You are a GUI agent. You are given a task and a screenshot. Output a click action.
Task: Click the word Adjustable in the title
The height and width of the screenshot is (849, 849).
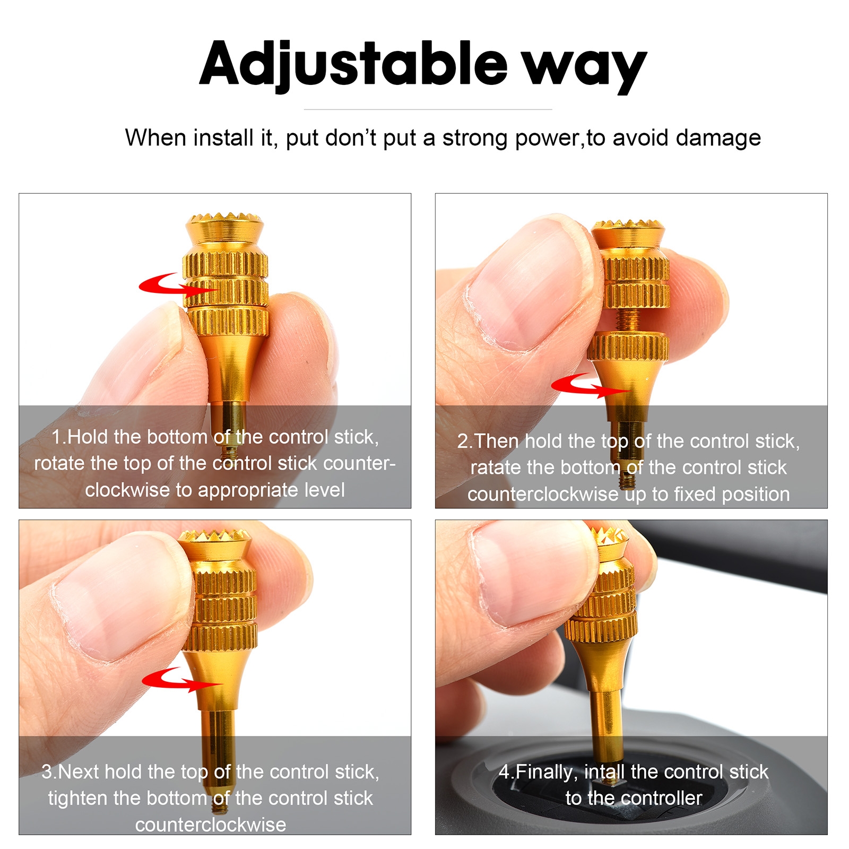(x=353, y=65)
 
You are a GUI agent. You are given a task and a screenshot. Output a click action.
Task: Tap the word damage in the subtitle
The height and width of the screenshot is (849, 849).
(x=718, y=138)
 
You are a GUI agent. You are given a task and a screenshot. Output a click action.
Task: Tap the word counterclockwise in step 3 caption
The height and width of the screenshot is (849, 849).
(x=211, y=825)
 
